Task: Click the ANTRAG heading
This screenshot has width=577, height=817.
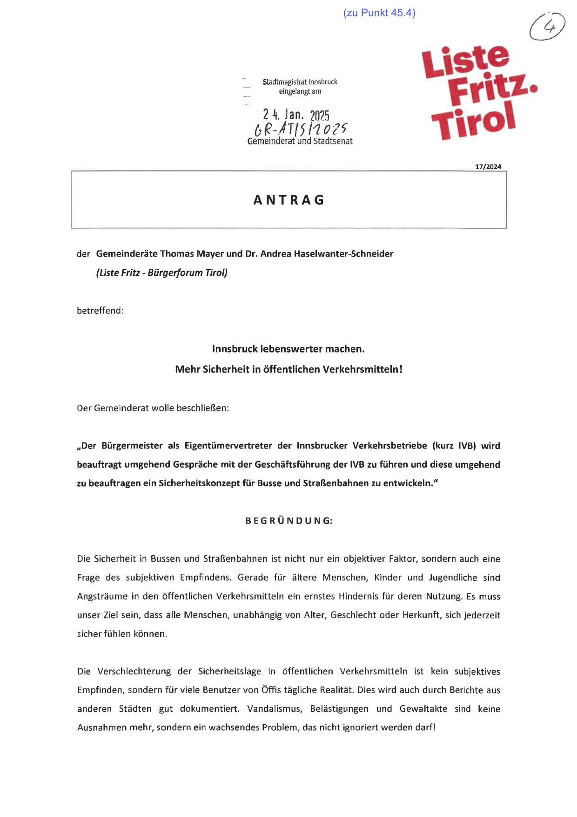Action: pos(288,200)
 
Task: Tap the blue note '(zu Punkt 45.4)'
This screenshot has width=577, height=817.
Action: pos(379,13)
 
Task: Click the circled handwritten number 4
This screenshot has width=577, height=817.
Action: pos(548,27)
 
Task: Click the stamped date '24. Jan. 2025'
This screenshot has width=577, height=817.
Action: pos(296,115)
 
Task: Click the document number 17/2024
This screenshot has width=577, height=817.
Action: pos(488,167)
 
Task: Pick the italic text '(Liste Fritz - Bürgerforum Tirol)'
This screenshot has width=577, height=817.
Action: pos(162,273)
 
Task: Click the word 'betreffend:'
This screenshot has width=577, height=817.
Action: pos(100,310)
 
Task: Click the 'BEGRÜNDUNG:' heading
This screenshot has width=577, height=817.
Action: pos(289,521)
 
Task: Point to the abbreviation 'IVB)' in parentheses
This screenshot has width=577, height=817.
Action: pos(467,446)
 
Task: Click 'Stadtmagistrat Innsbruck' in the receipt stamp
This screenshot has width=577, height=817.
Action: pos(300,82)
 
